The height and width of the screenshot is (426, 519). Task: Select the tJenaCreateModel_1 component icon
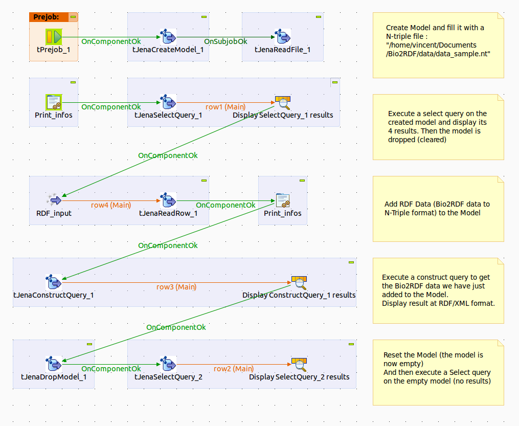tap(168, 37)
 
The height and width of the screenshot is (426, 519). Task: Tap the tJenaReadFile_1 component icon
tap(283, 37)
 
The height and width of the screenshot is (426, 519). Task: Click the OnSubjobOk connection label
tap(225, 41)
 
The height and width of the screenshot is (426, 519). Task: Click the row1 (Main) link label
tap(225, 106)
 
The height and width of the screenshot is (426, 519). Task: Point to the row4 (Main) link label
tap(111, 205)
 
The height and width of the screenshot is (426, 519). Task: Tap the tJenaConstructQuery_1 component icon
tap(54, 282)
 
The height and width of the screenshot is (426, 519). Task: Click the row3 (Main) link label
tap(176, 286)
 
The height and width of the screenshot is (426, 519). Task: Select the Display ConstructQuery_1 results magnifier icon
tap(299, 282)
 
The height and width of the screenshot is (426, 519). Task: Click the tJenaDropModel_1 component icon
tap(54, 364)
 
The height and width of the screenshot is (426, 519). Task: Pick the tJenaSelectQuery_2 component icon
tap(168, 364)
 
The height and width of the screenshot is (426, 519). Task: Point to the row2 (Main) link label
tap(234, 368)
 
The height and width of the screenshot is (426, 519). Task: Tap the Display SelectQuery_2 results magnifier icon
tap(299, 364)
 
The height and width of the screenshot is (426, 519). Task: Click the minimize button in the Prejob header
tap(73, 17)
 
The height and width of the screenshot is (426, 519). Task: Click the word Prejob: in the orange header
tap(46, 17)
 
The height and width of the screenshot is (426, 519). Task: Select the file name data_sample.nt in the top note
tap(461, 54)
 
